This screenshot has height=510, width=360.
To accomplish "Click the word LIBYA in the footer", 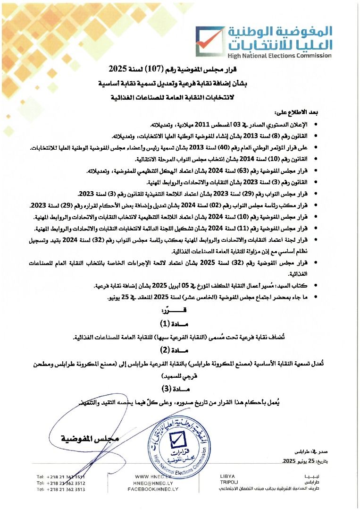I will coord(227,476).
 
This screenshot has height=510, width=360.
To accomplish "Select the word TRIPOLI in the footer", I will coord(229,483).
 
